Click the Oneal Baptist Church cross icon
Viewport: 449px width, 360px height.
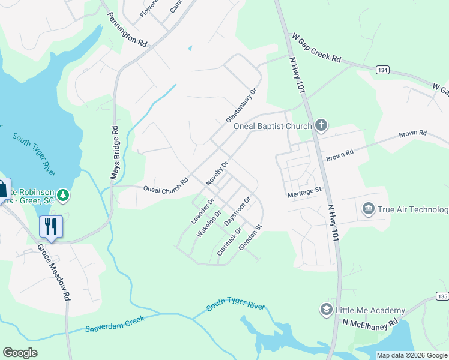(x=321, y=125)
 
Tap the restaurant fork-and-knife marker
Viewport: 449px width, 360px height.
(x=50, y=227)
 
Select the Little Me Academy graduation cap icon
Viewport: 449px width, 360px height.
(x=327, y=310)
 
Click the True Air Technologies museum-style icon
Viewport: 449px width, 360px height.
(x=368, y=209)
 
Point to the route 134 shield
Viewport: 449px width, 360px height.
(x=382, y=70)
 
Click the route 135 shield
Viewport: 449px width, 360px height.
(x=442, y=297)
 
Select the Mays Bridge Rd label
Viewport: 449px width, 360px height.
(x=112, y=153)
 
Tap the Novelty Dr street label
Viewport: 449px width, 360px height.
(x=217, y=173)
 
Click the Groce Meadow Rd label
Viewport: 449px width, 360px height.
(x=55, y=272)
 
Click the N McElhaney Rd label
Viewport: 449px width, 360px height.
(x=370, y=322)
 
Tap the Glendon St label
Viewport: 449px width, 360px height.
(x=251, y=238)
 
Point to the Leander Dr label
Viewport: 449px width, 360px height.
(x=202, y=211)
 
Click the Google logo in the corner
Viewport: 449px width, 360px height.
(x=20, y=352)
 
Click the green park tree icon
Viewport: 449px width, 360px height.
(x=63, y=196)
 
